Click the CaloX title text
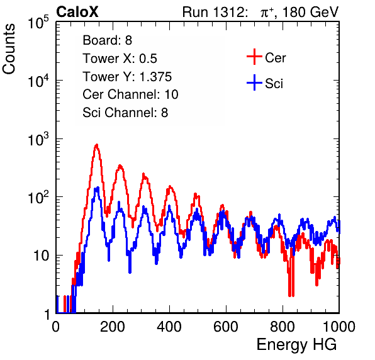click(x=77, y=12)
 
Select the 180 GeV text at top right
click(x=310, y=12)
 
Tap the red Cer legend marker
click(x=254, y=57)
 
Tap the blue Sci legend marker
click(x=254, y=83)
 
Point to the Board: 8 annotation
click(x=107, y=40)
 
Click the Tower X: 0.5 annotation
click(x=120, y=59)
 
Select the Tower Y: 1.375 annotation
click(x=127, y=77)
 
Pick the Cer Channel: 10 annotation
click(x=130, y=94)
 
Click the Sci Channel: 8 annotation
click(x=125, y=113)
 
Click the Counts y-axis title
click(x=9, y=49)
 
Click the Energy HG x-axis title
click(x=296, y=345)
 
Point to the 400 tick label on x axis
click(x=169, y=327)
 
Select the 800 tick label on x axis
click(x=283, y=327)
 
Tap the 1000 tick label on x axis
click(x=339, y=327)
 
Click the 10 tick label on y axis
click(x=41, y=256)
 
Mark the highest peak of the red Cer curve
click(x=97, y=145)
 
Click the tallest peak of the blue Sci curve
click(x=97, y=188)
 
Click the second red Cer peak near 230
click(x=120, y=166)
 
